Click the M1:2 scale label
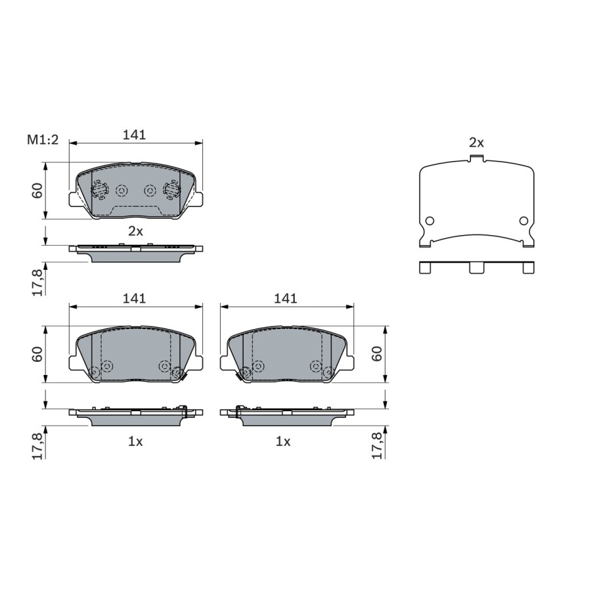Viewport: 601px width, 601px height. coord(43,140)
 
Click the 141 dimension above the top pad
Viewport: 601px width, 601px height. coord(134,135)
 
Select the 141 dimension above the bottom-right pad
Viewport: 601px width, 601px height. coord(286,299)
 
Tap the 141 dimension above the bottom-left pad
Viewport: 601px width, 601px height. coord(134,299)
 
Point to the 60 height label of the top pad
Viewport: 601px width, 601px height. coord(37,190)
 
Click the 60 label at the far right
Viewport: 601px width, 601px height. coord(377,353)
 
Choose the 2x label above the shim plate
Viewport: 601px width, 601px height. coord(476,143)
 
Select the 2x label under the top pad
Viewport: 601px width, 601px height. coord(135,231)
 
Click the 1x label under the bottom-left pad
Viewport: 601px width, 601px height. coord(135,442)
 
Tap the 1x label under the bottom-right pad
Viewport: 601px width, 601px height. coord(283,442)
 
